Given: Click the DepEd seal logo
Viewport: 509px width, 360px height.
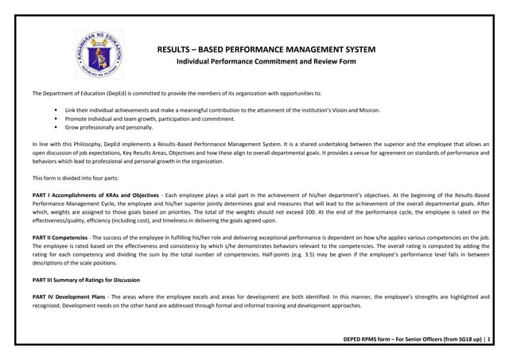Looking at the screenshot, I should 99,56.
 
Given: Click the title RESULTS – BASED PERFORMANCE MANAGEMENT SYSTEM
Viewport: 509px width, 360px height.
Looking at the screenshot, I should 266,49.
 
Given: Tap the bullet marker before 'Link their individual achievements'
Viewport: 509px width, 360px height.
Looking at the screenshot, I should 56,110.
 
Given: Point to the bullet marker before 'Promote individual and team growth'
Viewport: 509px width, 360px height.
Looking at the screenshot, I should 56,118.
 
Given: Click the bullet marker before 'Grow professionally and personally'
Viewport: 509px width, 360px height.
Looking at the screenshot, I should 56,127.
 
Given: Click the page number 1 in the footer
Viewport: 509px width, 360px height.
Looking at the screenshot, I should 489,340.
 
